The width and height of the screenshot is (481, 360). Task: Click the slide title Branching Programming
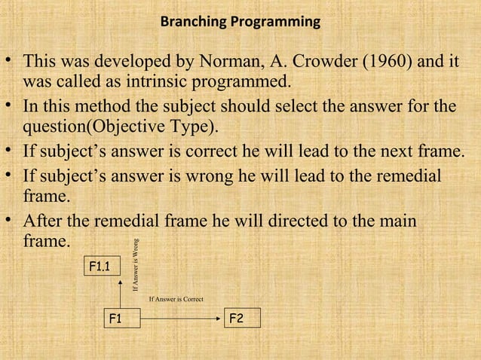[x=240, y=23]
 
